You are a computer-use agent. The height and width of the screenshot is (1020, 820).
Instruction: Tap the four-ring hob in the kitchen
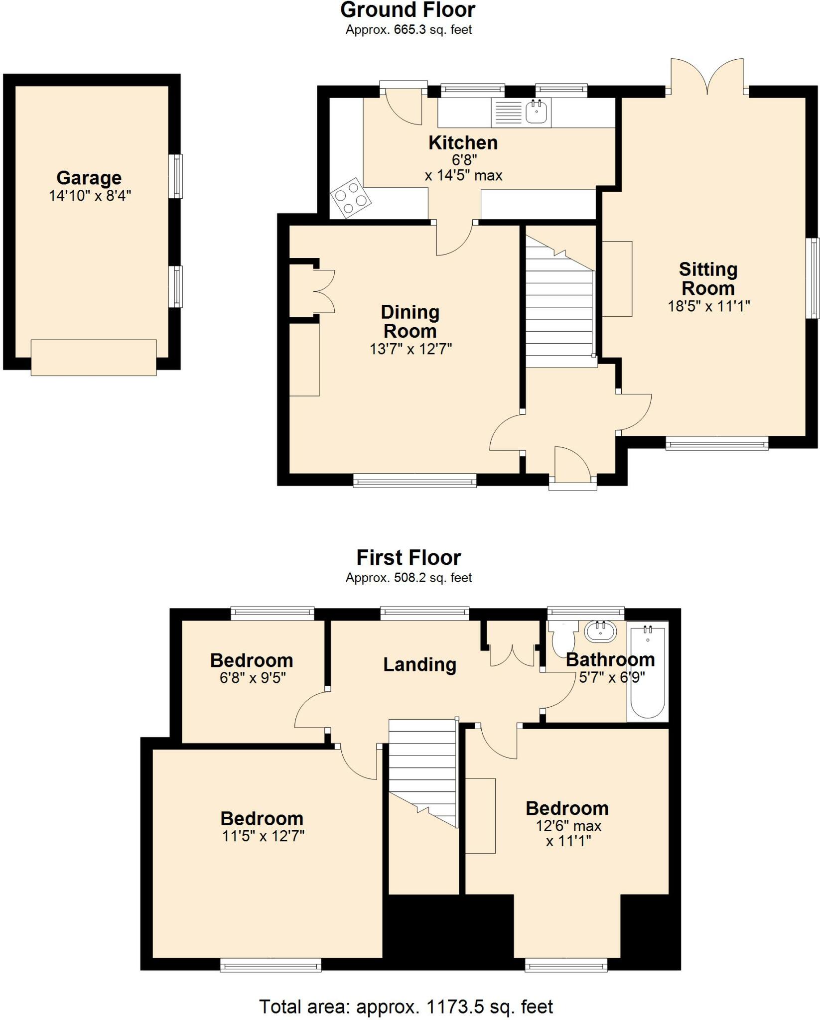point(351,198)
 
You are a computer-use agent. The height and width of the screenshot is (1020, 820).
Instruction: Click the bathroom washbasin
point(601,631)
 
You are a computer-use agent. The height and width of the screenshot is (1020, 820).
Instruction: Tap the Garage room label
point(89,178)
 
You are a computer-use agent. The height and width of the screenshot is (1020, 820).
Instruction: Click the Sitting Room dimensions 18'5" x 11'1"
point(709,306)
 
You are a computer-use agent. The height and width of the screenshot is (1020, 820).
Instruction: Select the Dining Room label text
point(410,322)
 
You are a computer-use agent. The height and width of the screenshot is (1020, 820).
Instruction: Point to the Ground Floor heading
point(408,9)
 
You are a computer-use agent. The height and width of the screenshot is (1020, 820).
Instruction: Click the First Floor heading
point(409,557)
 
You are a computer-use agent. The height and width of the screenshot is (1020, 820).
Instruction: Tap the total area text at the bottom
point(406,1007)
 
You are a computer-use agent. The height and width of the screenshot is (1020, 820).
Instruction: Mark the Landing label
point(419,665)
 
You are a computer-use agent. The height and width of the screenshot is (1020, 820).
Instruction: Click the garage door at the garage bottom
point(94,358)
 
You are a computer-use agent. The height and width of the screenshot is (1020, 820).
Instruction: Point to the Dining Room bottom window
point(414,480)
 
